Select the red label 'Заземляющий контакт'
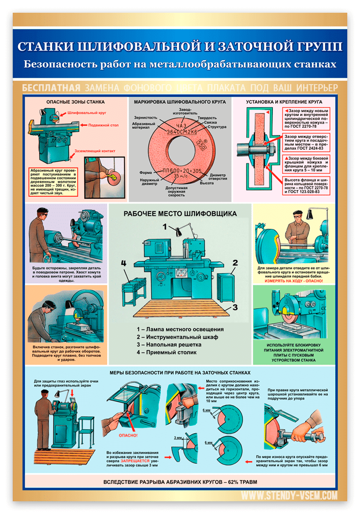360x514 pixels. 95,151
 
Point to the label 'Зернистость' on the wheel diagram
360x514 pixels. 145,117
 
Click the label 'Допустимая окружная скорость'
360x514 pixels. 174,191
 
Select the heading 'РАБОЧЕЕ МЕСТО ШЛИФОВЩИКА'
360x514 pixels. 180,214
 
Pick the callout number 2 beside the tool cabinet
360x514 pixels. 235,263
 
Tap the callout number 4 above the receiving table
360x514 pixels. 124,263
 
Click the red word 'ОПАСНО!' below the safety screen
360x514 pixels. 128,435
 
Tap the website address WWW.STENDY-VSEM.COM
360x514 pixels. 289,496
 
